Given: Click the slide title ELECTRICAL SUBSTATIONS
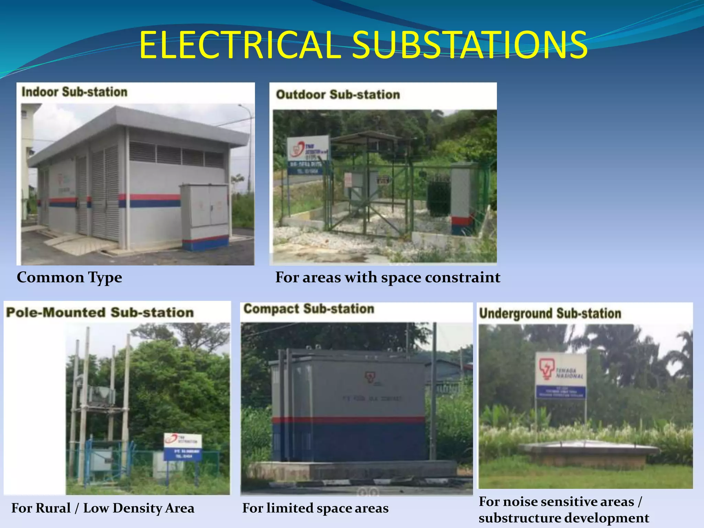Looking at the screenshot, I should (x=363, y=45).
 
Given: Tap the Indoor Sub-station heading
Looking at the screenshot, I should (x=74, y=92).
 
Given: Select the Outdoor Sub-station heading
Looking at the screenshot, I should (x=338, y=95).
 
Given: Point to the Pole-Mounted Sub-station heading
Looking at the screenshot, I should (x=100, y=312).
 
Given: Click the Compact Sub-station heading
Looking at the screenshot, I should (x=309, y=309).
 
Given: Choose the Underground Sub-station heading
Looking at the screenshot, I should (x=550, y=313).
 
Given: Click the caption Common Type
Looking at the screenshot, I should (x=69, y=277).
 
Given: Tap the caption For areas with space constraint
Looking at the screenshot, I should (x=388, y=277).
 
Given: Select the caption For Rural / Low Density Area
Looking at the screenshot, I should (x=103, y=508).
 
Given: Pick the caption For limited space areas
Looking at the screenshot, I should (x=315, y=508).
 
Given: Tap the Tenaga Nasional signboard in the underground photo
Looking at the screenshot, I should (x=561, y=375).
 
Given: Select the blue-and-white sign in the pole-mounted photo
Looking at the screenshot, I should (x=183, y=447).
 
